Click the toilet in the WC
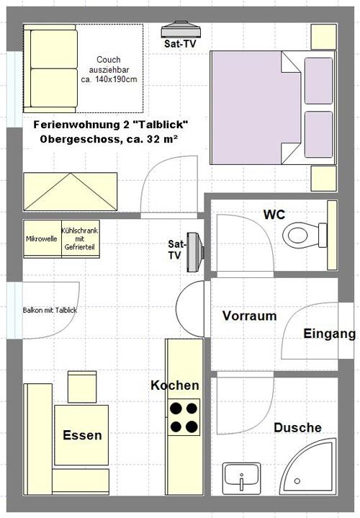click(x=305, y=235)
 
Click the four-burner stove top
click(x=184, y=417)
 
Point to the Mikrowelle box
click(x=42, y=238)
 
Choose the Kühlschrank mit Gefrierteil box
click(x=80, y=238)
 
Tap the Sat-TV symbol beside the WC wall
click(x=195, y=252)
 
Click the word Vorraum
click(x=249, y=316)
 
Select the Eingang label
click(x=330, y=334)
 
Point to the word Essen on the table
click(x=82, y=435)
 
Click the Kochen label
click(x=175, y=385)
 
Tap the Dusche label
click(x=297, y=427)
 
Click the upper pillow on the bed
click(x=318, y=81)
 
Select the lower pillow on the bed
click(x=318, y=135)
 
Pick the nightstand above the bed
click(x=324, y=37)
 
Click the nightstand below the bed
click(x=324, y=179)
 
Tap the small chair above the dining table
click(x=82, y=387)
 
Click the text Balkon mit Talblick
click(x=50, y=311)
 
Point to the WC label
click(x=274, y=215)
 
